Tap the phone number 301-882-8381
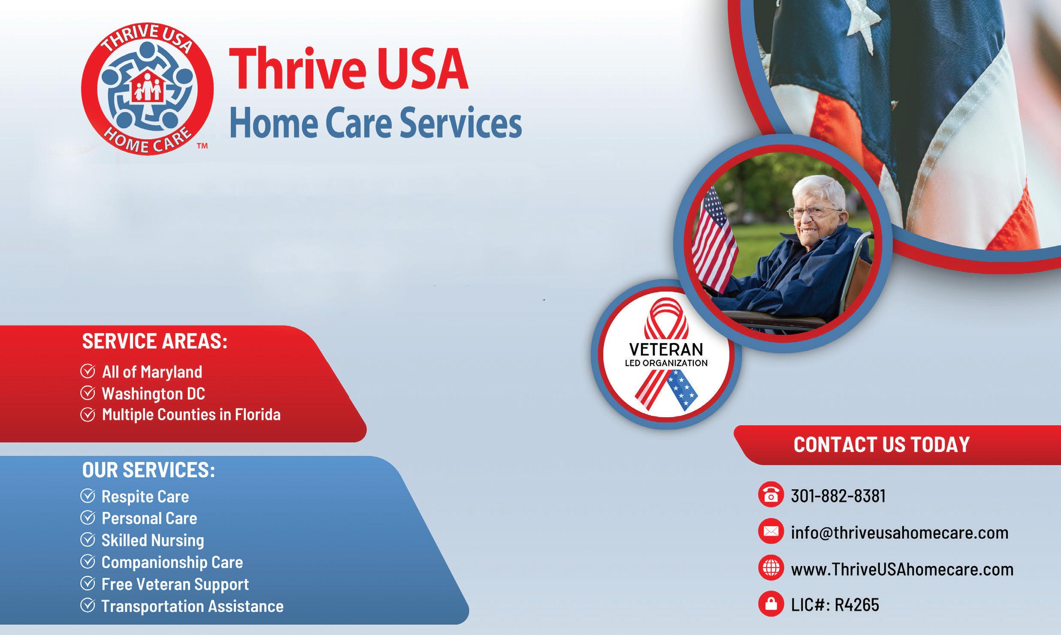coord(838,496)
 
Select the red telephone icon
coord(771,495)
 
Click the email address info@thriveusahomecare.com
coord(900,533)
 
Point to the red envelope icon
coord(771,532)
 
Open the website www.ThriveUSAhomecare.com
coord(902,569)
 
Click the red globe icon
coord(771,569)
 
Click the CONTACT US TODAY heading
coord(882,445)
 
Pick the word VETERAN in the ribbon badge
coord(666,350)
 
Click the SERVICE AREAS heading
coord(154,341)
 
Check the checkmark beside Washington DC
coord(88,393)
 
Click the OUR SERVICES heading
coord(148,470)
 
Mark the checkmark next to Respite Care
coord(88,497)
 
